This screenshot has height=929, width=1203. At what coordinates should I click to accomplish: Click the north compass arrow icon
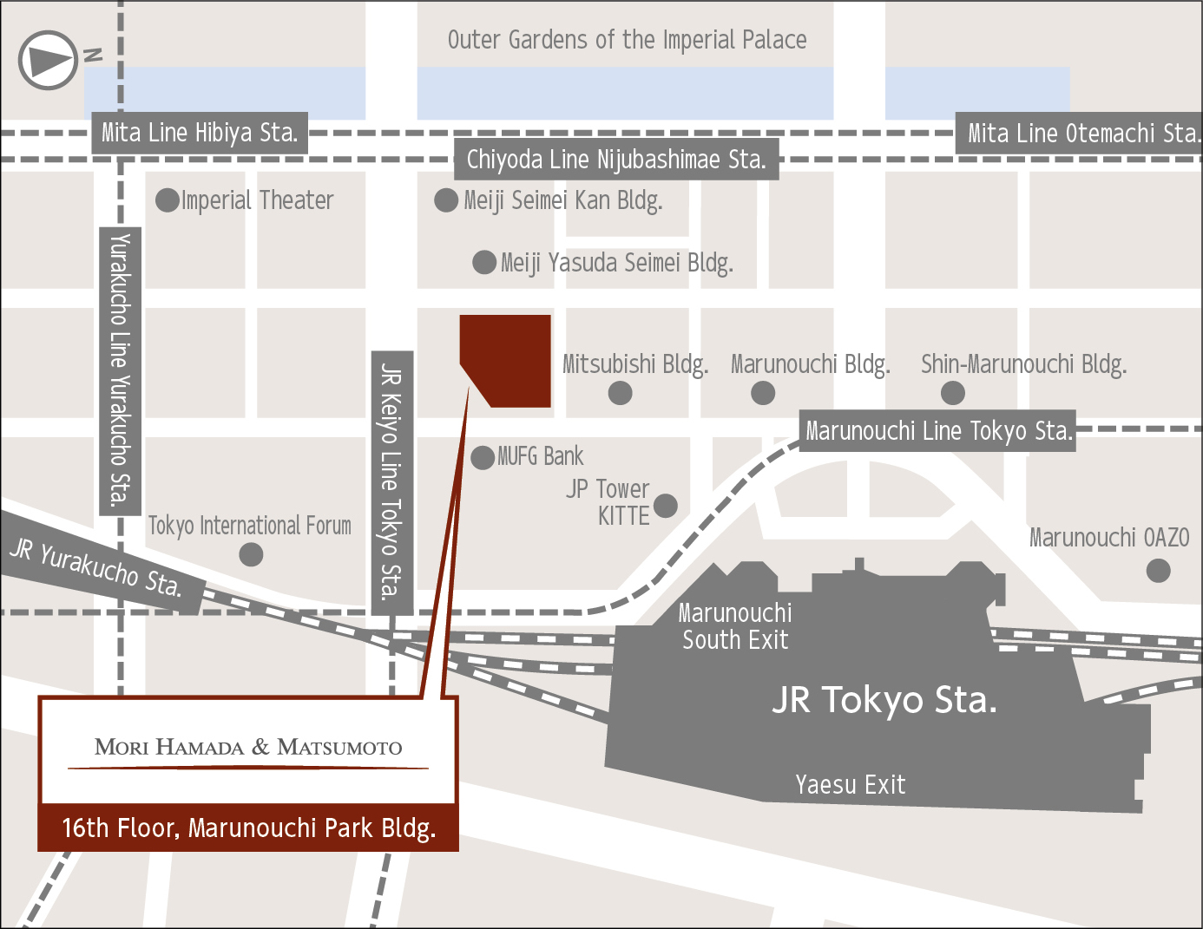(49, 60)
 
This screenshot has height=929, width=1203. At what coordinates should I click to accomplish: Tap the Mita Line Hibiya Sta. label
(200, 134)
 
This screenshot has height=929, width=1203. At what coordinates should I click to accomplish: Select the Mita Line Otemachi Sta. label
(1081, 134)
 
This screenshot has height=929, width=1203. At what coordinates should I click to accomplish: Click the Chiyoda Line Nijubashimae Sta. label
(616, 160)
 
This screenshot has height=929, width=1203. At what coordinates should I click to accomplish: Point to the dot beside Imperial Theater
(168, 200)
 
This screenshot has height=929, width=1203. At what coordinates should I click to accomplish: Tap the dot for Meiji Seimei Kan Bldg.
(446, 200)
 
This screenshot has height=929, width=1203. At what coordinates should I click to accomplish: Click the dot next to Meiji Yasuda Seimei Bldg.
(484, 262)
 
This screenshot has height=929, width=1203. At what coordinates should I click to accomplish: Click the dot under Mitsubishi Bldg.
(620, 393)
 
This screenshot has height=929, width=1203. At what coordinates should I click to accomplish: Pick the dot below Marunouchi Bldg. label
(763, 393)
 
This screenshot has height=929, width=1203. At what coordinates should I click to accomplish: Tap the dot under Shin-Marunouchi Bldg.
(953, 393)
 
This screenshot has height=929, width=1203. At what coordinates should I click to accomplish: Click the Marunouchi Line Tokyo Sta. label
(937, 431)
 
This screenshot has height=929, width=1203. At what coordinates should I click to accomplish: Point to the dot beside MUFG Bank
(483, 457)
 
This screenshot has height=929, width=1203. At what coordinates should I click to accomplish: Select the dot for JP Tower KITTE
(665, 506)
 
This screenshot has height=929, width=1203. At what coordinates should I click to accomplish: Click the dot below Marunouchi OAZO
(1158, 571)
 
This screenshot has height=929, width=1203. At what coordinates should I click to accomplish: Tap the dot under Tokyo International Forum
(251, 554)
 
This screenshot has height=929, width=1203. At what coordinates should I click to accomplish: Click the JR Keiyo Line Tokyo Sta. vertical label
(392, 482)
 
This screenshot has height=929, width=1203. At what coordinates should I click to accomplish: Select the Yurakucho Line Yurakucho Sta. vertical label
(121, 370)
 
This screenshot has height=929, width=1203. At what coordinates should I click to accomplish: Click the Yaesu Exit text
(850, 785)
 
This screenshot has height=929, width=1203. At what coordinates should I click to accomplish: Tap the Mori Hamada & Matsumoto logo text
(248, 748)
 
